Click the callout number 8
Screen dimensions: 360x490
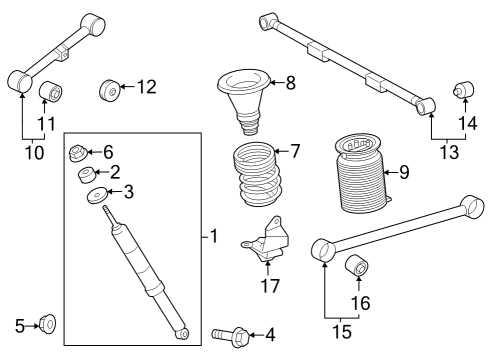click(x=290, y=83)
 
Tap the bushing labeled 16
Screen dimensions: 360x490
click(x=357, y=268)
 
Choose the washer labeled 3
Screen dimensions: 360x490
click(x=98, y=193)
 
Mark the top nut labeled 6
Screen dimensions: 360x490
click(x=77, y=153)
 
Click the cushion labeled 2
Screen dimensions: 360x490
click(x=87, y=175)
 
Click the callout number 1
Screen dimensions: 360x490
click(x=213, y=237)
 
